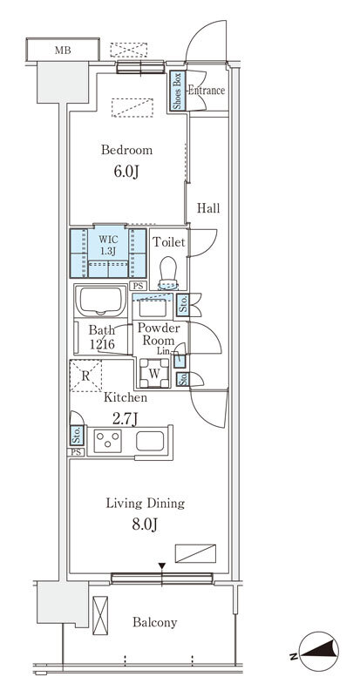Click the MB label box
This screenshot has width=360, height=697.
(x=63, y=50)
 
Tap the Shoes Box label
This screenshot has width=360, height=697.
(x=177, y=91)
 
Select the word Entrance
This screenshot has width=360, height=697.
(x=206, y=91)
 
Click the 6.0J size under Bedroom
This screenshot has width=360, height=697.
(x=126, y=172)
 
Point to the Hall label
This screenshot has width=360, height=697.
(x=208, y=208)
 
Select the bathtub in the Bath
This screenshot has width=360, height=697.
(x=101, y=301)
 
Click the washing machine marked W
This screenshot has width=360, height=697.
(x=154, y=373)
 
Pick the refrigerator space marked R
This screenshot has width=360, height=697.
(x=86, y=376)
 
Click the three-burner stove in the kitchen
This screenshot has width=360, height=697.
(x=108, y=441)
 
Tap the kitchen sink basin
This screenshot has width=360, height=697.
(x=151, y=441)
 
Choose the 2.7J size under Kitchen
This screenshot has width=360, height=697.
(x=125, y=419)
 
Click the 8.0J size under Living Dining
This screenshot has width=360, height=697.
(x=145, y=524)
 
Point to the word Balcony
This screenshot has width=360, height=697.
(x=155, y=622)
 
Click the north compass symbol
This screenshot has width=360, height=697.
(x=319, y=651)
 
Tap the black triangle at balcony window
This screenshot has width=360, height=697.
(x=162, y=565)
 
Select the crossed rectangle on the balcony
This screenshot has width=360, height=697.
(x=100, y=615)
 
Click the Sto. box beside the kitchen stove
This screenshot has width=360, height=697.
(x=77, y=435)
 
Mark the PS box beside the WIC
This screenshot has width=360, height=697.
(x=138, y=287)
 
